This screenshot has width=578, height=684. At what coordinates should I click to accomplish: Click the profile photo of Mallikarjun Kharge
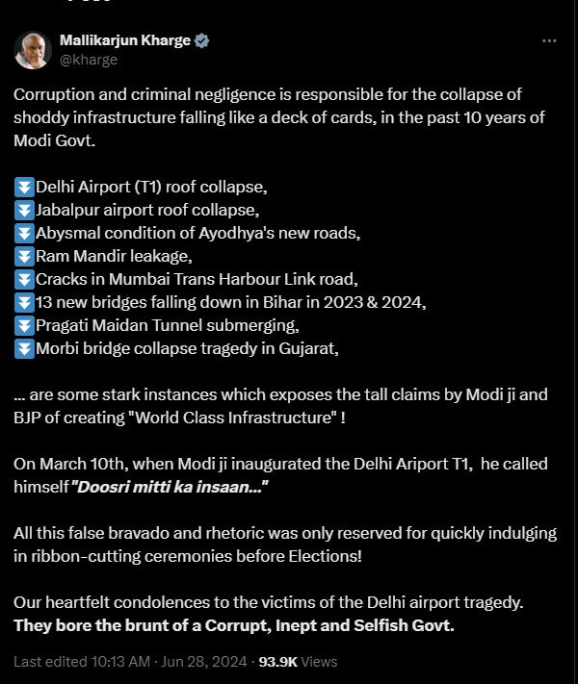(32, 50)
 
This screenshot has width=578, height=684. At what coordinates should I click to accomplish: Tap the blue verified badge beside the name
(203, 41)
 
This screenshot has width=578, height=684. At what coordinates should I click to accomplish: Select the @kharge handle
(89, 60)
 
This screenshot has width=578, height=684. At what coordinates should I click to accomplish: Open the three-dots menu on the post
(549, 41)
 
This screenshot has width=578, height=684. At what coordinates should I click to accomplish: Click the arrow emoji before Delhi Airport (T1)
(24, 186)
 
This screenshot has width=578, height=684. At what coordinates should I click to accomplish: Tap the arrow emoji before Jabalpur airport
(24, 209)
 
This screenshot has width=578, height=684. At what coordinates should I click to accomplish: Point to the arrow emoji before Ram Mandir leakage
(24, 256)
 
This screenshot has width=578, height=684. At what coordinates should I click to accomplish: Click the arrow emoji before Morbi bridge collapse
(24, 348)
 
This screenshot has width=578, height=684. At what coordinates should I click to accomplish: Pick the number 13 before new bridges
(45, 302)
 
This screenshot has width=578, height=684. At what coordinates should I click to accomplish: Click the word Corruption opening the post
(54, 94)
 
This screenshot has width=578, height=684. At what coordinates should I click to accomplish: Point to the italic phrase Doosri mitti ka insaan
(170, 487)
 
